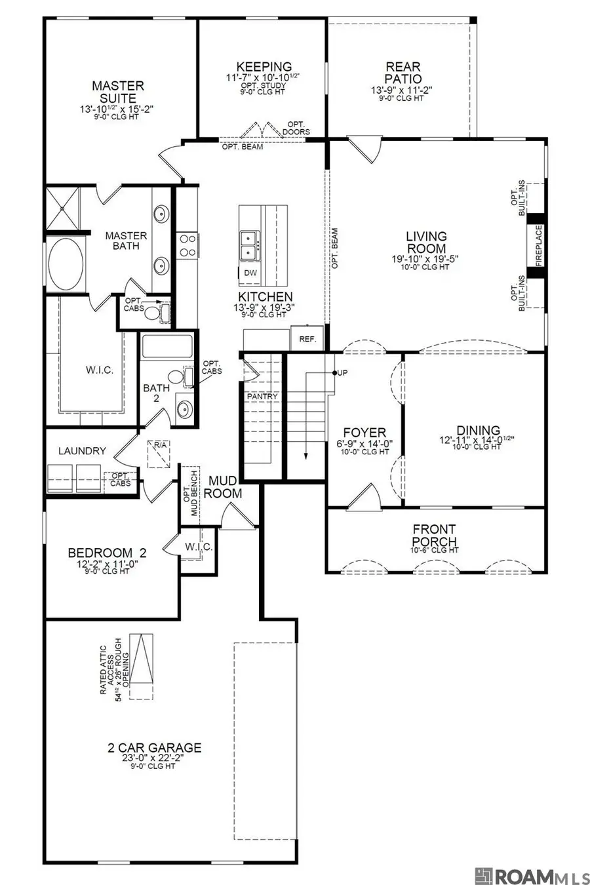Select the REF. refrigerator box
point(307,339)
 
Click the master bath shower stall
point(62,208)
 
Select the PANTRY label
point(262,397)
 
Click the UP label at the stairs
point(342,373)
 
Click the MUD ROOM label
point(224,487)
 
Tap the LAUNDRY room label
point(82,451)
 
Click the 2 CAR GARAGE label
point(155,747)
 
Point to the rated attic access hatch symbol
point(141,665)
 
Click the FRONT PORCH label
point(435,535)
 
